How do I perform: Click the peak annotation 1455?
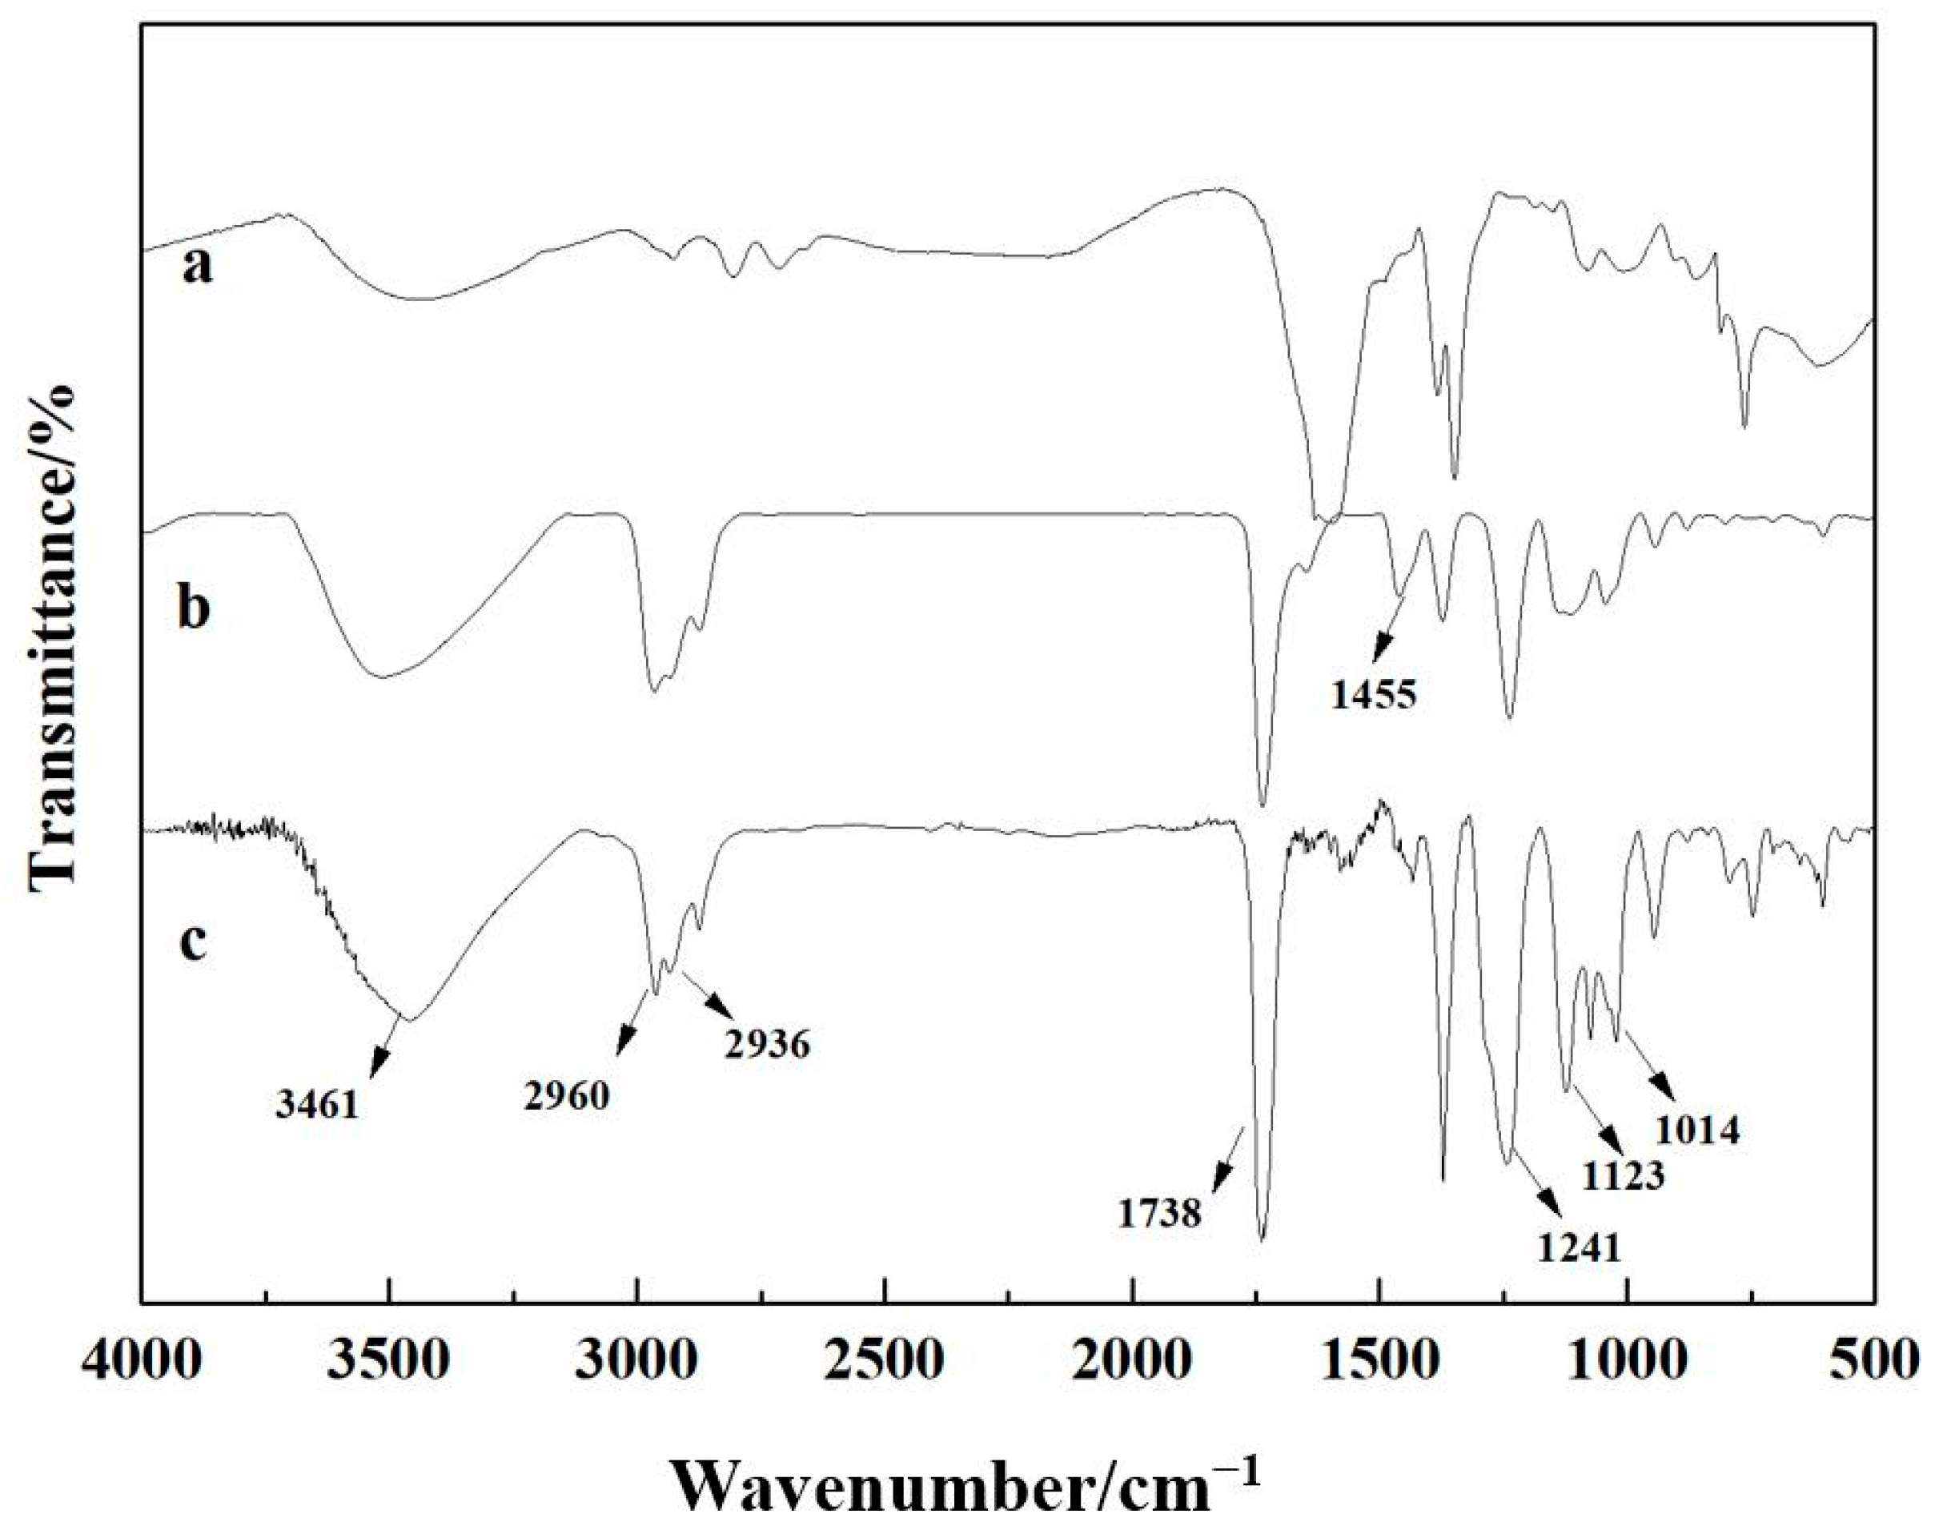[x=1373, y=694]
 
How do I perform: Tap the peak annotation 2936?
[x=769, y=1044]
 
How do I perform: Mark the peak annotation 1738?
[x=1159, y=1215]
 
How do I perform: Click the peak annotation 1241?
[x=1580, y=1247]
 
